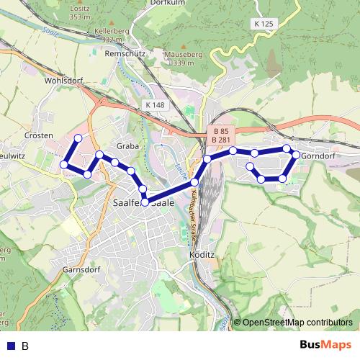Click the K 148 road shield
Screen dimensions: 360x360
pos(155,104)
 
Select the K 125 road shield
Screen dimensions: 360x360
pos(264,24)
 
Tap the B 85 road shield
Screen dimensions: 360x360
pos(221,130)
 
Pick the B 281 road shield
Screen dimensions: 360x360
pos(221,139)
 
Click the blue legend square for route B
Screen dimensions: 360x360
pos(10,346)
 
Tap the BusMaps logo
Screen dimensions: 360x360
pos(326,345)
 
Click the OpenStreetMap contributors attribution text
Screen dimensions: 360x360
pos(297,322)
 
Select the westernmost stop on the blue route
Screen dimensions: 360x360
pos(64,165)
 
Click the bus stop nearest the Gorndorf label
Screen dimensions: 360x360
pos(296,155)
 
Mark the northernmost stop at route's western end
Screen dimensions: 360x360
pos(78,138)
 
